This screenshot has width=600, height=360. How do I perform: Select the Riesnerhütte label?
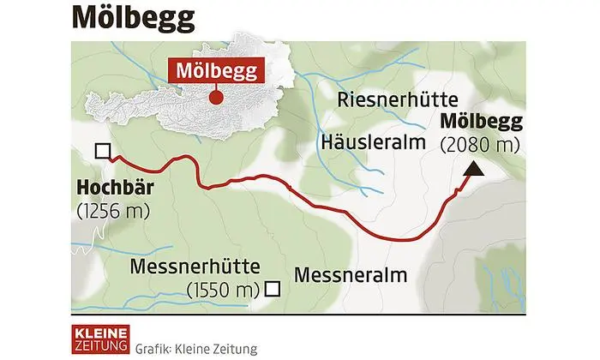pyautogui.click(x=399, y=99)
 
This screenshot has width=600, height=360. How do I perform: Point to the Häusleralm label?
pyautogui.click(x=372, y=140)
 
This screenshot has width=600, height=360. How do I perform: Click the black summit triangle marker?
pyautogui.click(x=471, y=172)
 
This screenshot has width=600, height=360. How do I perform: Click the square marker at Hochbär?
pyautogui.click(x=103, y=152)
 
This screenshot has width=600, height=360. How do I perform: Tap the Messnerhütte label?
pyautogui.click(x=195, y=267)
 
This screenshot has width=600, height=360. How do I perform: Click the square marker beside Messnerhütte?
pyautogui.click(x=273, y=289)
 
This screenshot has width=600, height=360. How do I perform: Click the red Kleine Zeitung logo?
pyautogui.click(x=99, y=337)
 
